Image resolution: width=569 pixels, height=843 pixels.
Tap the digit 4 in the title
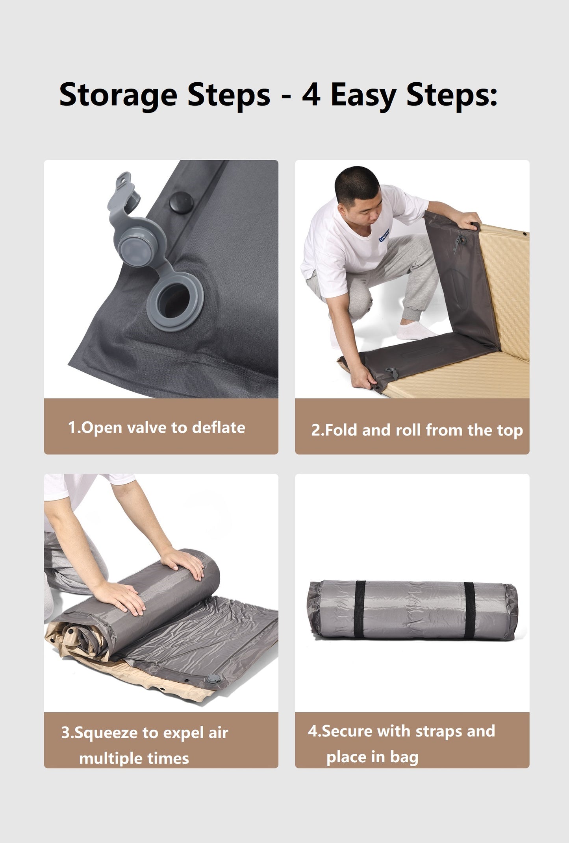point(311,94)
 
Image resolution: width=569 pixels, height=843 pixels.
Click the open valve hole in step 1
point(176,300)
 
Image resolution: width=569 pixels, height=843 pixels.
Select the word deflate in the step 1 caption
point(219,427)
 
